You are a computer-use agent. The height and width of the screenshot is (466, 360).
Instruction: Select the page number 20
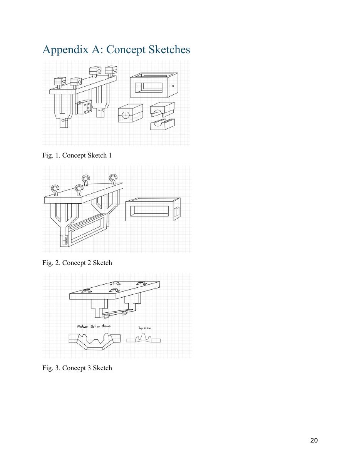point(314,441)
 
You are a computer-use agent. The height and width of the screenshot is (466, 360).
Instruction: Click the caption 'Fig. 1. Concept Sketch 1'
point(77,155)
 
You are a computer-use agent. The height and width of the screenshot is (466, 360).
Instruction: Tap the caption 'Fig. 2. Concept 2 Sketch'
point(77,263)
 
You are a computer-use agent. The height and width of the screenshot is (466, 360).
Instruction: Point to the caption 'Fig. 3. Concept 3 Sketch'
point(77,368)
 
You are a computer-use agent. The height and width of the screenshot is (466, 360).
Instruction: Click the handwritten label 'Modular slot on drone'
point(94,326)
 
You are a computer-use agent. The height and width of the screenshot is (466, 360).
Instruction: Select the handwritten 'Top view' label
point(145,328)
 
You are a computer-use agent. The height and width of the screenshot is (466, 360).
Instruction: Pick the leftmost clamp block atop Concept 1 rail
point(60,81)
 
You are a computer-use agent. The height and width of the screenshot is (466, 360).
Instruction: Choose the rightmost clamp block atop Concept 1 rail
point(111,70)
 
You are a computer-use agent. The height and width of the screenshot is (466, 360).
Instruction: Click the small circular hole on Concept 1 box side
point(173,86)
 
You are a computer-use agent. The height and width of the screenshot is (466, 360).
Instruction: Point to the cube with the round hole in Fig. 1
point(130,114)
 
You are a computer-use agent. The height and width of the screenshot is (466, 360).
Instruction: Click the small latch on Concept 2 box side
point(177,211)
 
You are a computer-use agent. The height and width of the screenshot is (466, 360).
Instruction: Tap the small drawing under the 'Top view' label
point(143,339)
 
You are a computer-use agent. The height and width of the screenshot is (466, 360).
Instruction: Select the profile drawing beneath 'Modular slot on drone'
point(94,340)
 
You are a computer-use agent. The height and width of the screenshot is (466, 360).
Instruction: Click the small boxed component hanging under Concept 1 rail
point(84,107)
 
